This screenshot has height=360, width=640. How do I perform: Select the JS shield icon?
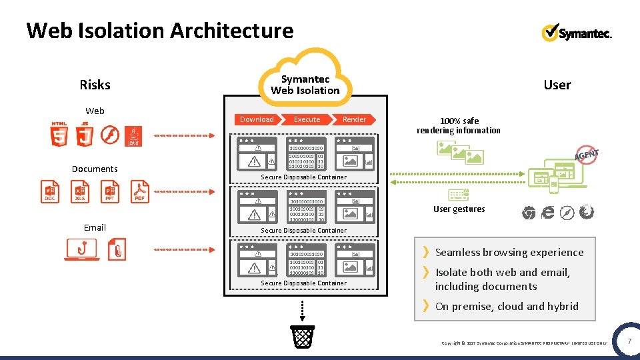85,135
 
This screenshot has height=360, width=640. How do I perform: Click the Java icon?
133,135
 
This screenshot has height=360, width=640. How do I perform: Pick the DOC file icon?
50,191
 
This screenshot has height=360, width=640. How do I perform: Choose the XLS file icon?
80,191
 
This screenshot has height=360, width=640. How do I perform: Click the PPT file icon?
110,191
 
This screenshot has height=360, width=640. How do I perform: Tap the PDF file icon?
140,191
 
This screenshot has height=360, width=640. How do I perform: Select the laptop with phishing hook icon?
81,249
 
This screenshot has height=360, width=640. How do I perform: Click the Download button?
257,119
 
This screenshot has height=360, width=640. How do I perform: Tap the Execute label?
307,119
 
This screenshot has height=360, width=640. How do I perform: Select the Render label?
354,119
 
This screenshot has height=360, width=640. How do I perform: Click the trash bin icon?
303,337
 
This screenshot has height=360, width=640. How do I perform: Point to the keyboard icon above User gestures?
459,195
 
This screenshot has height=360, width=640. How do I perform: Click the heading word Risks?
95,85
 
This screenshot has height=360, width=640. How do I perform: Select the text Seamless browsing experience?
509,252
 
